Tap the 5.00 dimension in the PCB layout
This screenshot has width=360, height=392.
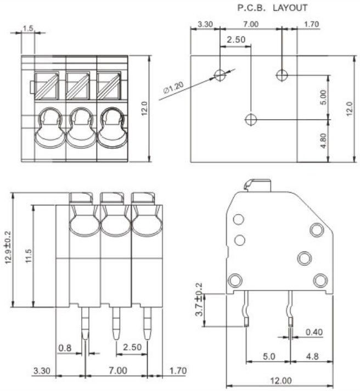coord(324,96)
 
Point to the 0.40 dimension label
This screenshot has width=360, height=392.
coord(314,332)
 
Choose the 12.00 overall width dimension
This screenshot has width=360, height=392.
coord(280,380)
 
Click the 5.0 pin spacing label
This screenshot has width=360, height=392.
coord(268,357)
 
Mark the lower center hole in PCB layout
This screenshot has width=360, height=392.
coord(251,119)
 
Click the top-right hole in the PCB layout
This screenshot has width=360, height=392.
coord(281,75)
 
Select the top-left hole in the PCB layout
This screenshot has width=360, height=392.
coord(220,75)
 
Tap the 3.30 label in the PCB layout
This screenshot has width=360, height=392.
coord(205,25)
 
